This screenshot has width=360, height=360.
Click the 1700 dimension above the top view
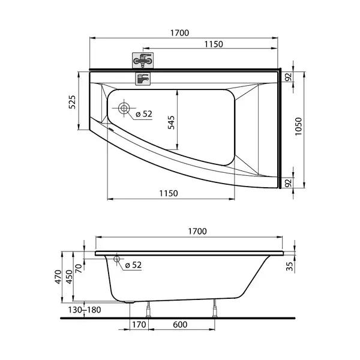179,33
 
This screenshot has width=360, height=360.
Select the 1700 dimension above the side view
197,231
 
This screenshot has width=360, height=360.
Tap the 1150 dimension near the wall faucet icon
214,44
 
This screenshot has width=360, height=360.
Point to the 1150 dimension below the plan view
169,193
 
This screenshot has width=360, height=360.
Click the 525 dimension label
72,102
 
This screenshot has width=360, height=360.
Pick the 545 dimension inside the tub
171,122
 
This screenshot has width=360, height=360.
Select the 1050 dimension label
298,126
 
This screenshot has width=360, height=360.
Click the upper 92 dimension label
288,77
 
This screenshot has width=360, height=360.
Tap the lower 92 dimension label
288,183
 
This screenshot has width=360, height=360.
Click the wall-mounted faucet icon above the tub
143,61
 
